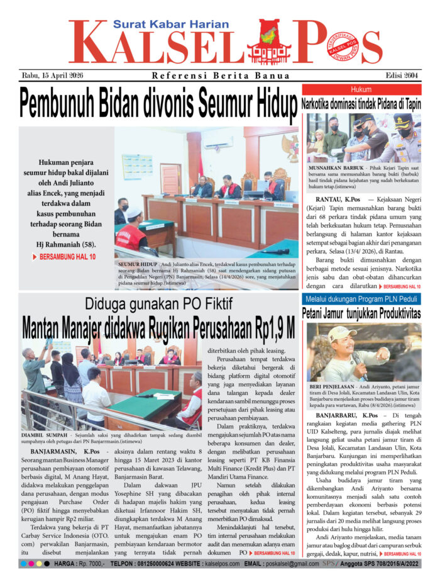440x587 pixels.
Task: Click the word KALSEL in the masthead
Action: click(x=154, y=45)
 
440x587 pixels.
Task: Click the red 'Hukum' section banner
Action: click(x=361, y=89)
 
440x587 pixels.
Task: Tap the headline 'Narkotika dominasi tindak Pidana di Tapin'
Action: click(x=361, y=104)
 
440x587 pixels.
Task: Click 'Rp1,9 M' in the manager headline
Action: click(x=274, y=328)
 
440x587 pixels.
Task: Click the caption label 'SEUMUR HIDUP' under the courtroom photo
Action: click(x=137, y=265)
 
